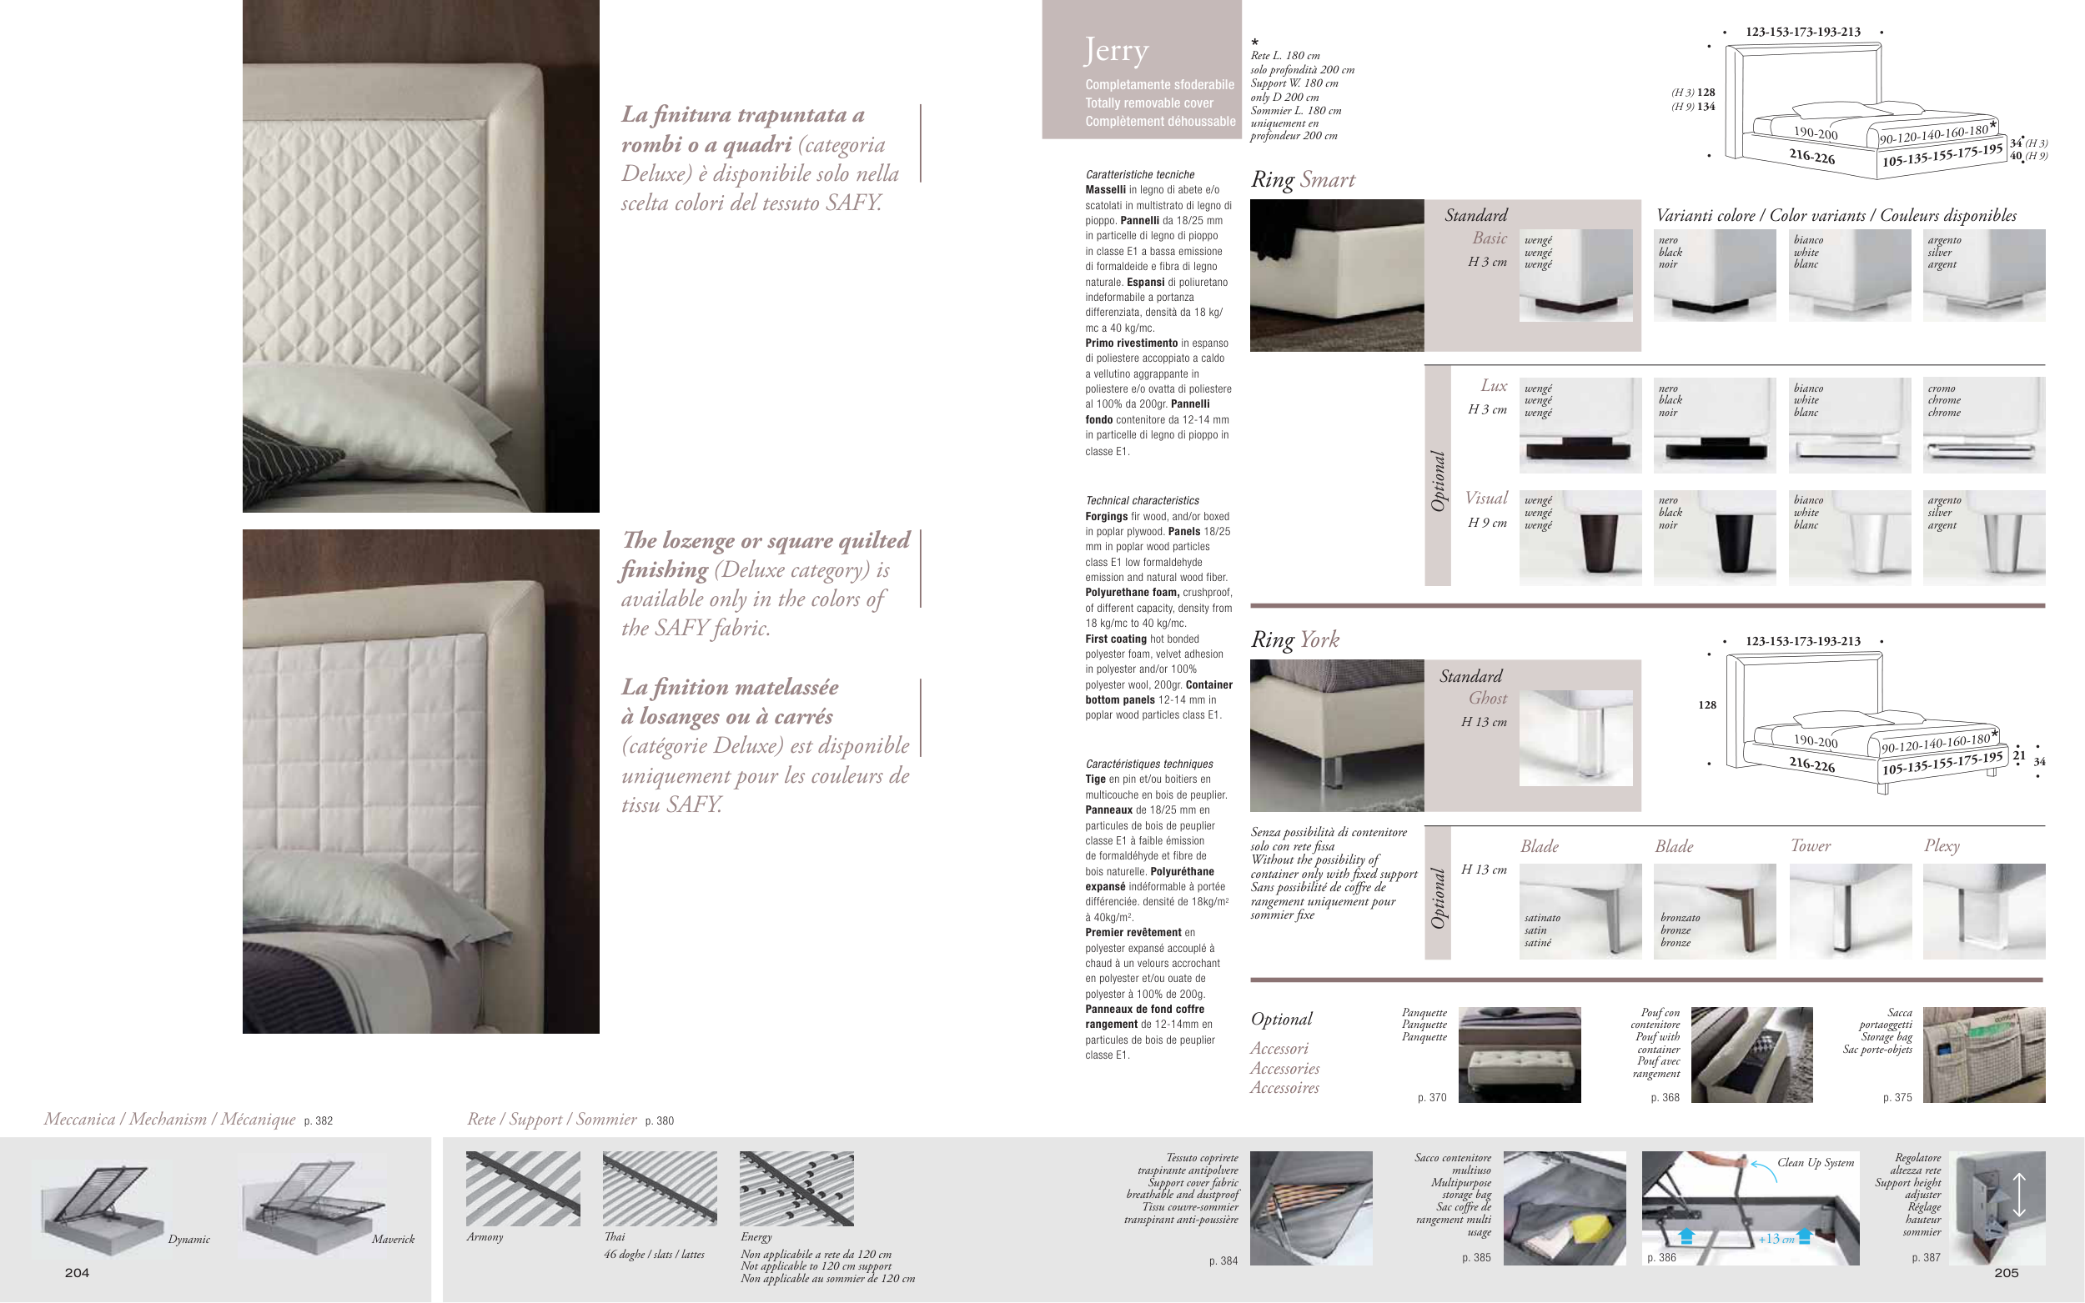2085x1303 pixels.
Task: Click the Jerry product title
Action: (1116, 51)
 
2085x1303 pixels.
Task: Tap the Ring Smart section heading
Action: (1303, 179)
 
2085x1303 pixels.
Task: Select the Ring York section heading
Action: (1294, 639)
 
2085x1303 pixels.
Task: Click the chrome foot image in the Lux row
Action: (1983, 425)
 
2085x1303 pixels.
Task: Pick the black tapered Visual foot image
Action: (1715, 538)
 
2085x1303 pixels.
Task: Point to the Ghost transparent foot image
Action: (1575, 738)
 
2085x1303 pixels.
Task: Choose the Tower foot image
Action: (1850, 911)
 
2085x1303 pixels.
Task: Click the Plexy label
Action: (1942, 846)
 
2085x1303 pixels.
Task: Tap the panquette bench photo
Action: (1520, 1055)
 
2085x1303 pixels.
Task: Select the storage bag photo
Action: (1983, 1055)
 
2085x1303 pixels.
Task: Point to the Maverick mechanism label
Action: (393, 1240)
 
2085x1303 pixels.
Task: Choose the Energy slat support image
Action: (796, 1189)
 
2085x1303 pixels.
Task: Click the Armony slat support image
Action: (523, 1189)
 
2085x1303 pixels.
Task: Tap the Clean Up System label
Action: (1816, 1163)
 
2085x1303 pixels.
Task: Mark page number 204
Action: (77, 1273)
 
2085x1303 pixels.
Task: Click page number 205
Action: (2007, 1273)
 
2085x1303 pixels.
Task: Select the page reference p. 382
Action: (318, 1121)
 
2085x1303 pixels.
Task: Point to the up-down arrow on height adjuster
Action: (2018, 1195)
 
